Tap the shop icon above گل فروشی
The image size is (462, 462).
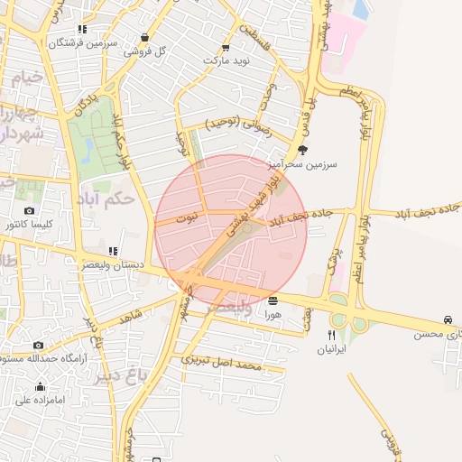pos(144,38)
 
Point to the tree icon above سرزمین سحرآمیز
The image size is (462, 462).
pos(301,151)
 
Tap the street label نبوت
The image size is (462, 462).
pos(186,217)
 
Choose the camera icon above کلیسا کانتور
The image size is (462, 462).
pos(30,211)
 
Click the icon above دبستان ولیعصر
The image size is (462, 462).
pos(112,252)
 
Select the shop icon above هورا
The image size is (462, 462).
pos(273,300)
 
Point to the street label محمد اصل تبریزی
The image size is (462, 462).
pos(222,363)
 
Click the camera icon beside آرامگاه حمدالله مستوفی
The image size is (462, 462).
pos(38,345)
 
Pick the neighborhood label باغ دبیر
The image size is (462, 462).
pos(115,378)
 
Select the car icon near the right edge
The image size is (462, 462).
pos(448,320)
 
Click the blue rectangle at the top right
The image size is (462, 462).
pos(362,8)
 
